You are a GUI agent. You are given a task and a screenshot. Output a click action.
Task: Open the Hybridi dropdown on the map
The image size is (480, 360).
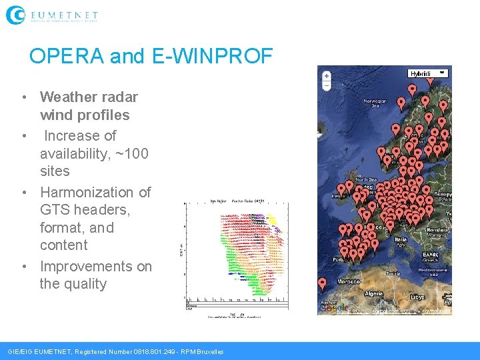click(427, 73)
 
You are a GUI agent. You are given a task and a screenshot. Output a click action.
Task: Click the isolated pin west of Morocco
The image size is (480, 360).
click(323, 283)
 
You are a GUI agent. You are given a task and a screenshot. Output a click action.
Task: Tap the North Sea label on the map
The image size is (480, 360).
click(365, 180)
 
